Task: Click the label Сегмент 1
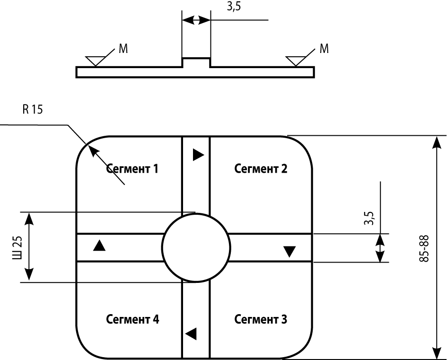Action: click(x=132, y=169)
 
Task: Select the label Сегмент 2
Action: click(x=261, y=169)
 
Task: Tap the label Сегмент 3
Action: click(x=261, y=319)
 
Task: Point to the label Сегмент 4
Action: click(x=132, y=319)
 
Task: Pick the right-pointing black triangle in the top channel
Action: click(x=198, y=155)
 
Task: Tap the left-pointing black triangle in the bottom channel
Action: click(x=191, y=334)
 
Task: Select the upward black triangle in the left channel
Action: click(x=99, y=246)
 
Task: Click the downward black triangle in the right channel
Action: click(x=289, y=252)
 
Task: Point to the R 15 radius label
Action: click(x=33, y=109)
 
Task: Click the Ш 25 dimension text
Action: click(x=17, y=247)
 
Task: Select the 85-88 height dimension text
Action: click(x=424, y=248)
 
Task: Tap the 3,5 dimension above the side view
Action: click(x=234, y=6)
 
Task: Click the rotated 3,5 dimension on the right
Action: click(x=369, y=218)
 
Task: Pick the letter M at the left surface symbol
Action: click(x=123, y=49)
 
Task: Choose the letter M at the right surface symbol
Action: click(x=324, y=49)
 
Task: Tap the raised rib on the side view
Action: click(x=196, y=62)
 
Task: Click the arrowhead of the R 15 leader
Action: click(x=92, y=149)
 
